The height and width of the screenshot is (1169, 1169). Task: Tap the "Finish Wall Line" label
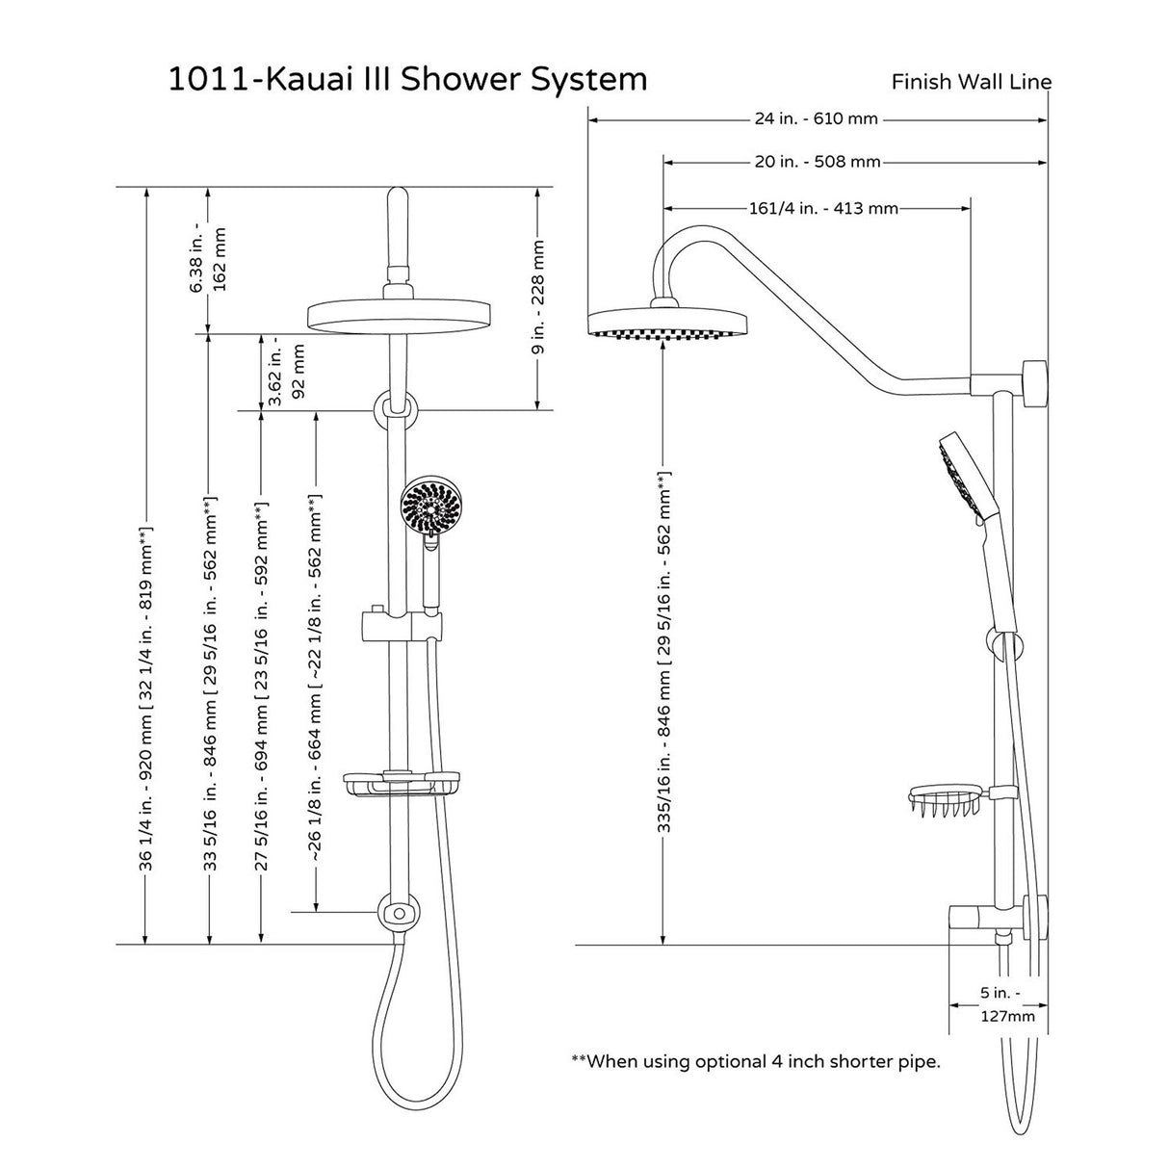click(x=971, y=82)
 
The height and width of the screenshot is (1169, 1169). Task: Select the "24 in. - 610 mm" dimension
click(x=816, y=119)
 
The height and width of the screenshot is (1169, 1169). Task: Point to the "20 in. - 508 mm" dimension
click(x=818, y=162)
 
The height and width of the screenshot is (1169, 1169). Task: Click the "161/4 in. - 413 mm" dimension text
click(x=822, y=208)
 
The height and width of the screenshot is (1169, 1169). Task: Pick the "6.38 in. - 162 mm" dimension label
click(x=209, y=260)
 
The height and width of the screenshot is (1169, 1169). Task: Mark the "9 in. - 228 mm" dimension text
click(x=538, y=298)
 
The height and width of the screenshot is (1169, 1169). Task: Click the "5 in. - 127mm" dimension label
click(x=999, y=1003)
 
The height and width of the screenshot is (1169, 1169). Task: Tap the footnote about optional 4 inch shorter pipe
click(x=755, y=1062)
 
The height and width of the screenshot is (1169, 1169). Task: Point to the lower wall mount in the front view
click(x=398, y=913)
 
